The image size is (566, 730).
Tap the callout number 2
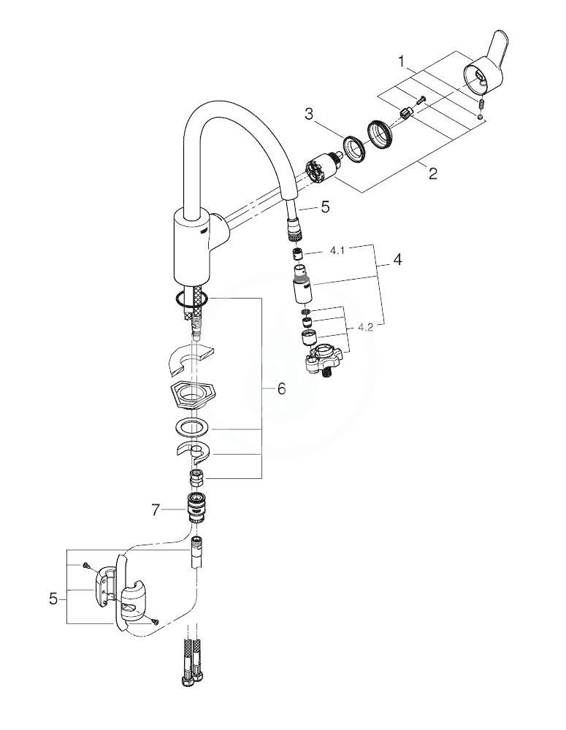pyautogui.click(x=433, y=174)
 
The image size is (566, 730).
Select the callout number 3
pyautogui.click(x=310, y=114)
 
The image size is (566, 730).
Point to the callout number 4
pyautogui.click(x=397, y=259)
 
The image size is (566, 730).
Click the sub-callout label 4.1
pyautogui.click(x=337, y=250)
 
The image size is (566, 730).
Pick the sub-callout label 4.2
pyautogui.click(x=366, y=328)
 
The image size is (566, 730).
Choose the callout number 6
pyautogui.click(x=281, y=388)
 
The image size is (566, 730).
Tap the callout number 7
pyautogui.click(x=156, y=510)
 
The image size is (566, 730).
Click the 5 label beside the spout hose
pyautogui.click(x=325, y=207)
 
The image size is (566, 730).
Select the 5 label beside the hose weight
pyautogui.click(x=53, y=599)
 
